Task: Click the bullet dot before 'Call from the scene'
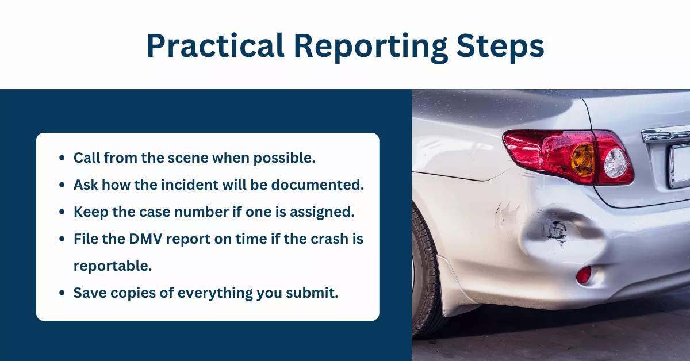pyautogui.click(x=62, y=159)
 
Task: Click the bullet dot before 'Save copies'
pyautogui.click(x=62, y=293)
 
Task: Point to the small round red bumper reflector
pyautogui.click(x=583, y=275)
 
